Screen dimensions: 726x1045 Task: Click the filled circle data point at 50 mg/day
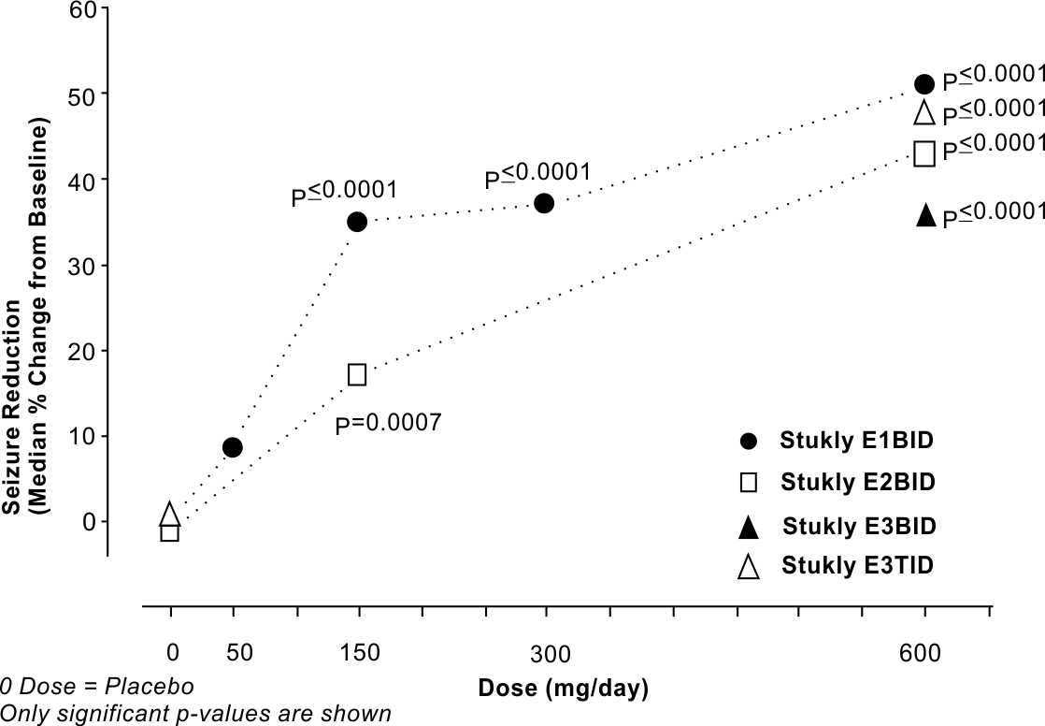tap(233, 447)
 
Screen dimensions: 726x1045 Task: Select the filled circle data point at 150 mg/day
tap(357, 222)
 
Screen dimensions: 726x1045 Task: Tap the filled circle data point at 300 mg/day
tap(544, 203)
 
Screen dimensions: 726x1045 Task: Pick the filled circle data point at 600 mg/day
tap(924, 84)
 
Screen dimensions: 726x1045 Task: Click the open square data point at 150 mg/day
tap(357, 374)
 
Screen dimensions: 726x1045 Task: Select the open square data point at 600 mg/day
tap(924, 153)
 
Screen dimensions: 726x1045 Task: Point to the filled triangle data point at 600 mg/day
tap(925, 216)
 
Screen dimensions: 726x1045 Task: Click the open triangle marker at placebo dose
tap(169, 514)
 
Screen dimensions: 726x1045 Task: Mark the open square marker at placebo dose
tap(169, 532)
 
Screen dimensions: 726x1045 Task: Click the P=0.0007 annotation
tap(388, 423)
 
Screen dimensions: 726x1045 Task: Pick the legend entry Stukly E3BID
tap(859, 525)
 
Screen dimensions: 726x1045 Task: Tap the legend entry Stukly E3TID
tap(858, 565)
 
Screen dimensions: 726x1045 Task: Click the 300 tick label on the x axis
tap(544, 652)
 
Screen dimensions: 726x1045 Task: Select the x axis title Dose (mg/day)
tap(564, 689)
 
